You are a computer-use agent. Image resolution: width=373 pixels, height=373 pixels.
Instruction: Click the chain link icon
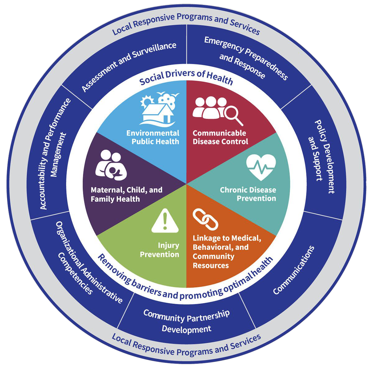click(205, 219)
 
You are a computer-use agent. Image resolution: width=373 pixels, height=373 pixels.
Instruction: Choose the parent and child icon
click(111, 165)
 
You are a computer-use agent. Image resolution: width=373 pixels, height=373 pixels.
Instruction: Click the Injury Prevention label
click(160, 250)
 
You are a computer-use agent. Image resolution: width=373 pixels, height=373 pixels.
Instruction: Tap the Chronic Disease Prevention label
click(248, 194)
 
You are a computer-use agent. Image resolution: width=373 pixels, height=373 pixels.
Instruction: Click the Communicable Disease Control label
click(220, 137)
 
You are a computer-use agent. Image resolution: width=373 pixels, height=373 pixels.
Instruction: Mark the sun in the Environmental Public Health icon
click(146, 102)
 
